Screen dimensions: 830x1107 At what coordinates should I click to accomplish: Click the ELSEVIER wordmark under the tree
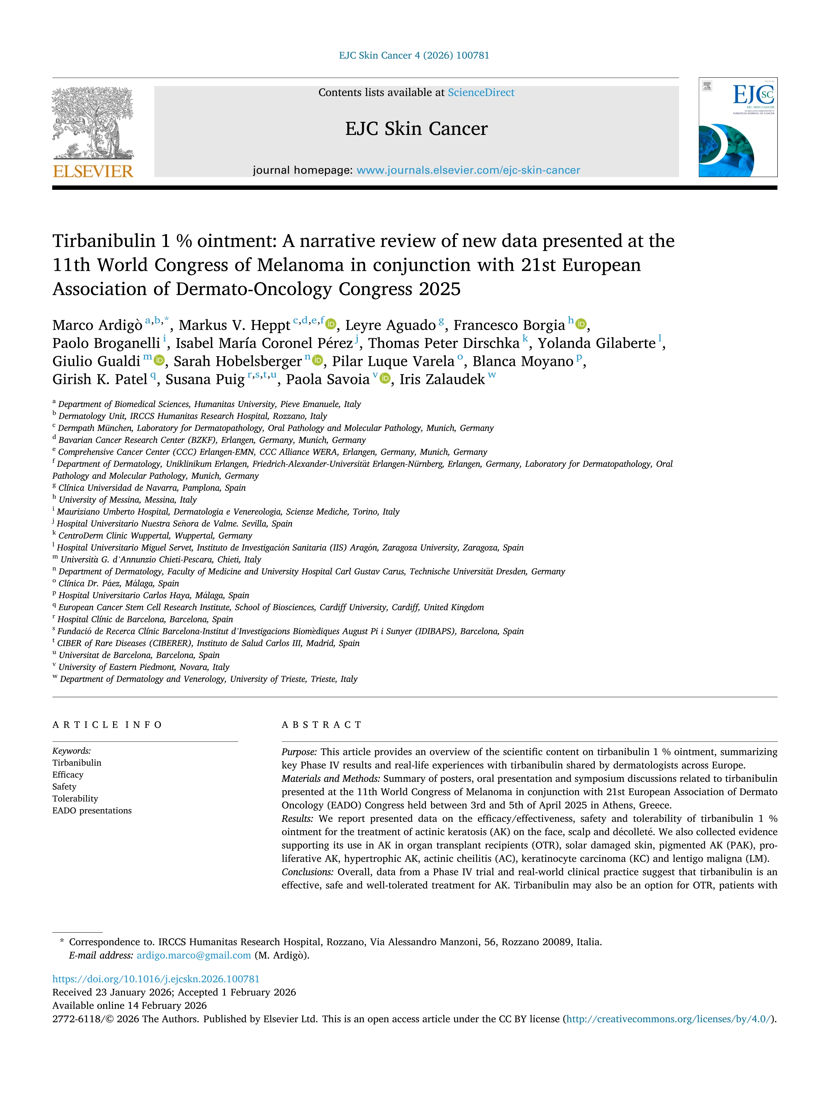pyautogui.click(x=93, y=172)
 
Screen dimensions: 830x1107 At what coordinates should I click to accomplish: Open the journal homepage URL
pyautogui.click(x=468, y=170)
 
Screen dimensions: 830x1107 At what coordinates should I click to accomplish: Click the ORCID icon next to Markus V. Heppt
pyautogui.click(x=331, y=325)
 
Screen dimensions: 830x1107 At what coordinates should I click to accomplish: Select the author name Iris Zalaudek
pyautogui.click(x=442, y=379)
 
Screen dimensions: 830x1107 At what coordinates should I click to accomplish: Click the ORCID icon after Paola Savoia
pyautogui.click(x=385, y=379)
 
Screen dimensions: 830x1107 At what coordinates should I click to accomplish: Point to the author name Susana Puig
pyautogui.click(x=205, y=379)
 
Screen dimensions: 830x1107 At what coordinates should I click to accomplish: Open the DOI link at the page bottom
pyautogui.click(x=156, y=979)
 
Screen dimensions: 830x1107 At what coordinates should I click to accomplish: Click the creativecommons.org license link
pyautogui.click(x=669, y=1019)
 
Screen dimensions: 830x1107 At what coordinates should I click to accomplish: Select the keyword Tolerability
pyautogui.click(x=75, y=799)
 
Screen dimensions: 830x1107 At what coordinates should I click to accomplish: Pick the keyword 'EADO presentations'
pyautogui.click(x=92, y=811)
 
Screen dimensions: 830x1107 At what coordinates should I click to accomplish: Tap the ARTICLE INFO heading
pyautogui.click(x=107, y=725)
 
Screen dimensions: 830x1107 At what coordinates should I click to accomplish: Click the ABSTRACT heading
pyautogui.click(x=321, y=725)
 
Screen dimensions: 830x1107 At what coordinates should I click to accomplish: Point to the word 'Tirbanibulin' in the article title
pyautogui.click(x=104, y=241)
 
